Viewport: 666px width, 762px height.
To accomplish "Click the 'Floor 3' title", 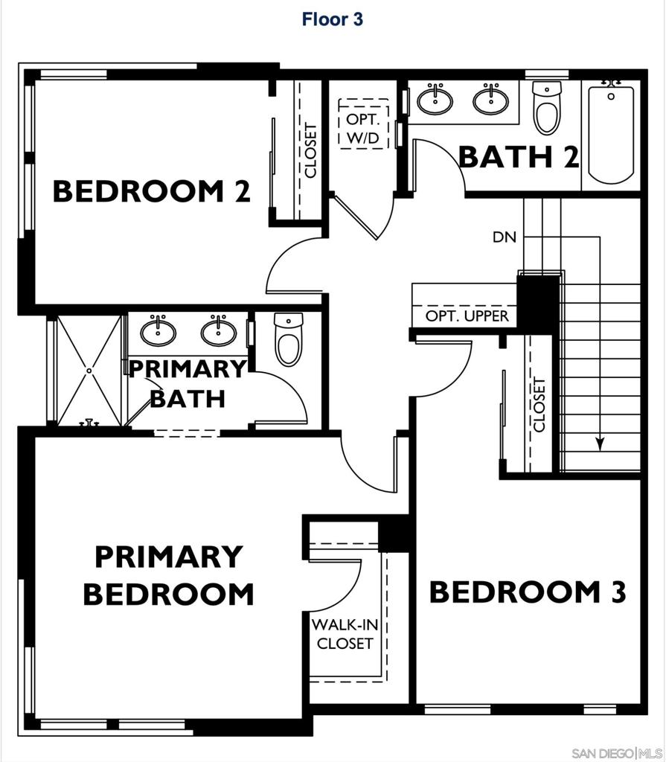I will [x=332, y=19].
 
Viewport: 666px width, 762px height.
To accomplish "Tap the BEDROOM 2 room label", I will [x=151, y=191].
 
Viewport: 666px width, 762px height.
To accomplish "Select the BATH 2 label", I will [x=518, y=157].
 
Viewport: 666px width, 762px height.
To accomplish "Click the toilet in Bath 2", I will [x=547, y=109].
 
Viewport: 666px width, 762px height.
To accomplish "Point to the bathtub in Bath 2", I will [x=611, y=134].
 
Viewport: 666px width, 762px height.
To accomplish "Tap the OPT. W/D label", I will [x=363, y=128].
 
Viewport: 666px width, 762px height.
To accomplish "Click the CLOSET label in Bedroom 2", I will [x=310, y=150].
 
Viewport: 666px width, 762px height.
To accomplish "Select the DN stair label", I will [x=505, y=237].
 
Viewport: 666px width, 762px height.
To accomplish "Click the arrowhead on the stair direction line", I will [x=600, y=444].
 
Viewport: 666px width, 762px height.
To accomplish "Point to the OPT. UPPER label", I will [x=467, y=316].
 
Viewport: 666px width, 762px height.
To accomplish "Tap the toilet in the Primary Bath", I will [x=288, y=339].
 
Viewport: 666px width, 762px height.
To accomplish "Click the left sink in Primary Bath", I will [x=158, y=331].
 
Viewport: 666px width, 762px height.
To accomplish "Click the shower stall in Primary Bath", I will [x=89, y=370].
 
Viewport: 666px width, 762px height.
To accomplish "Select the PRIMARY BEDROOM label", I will [x=168, y=575].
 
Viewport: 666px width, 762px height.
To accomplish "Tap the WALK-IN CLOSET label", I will [x=345, y=633].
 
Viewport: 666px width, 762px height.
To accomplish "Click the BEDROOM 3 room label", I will [x=528, y=592].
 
